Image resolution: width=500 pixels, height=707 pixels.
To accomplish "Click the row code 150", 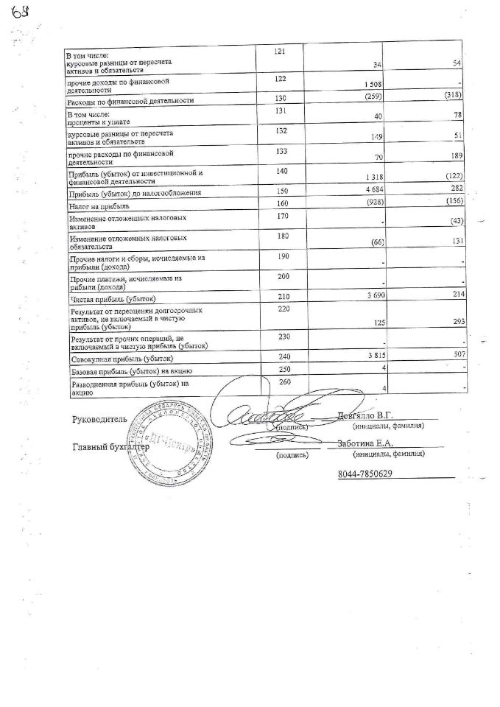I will click(x=279, y=191).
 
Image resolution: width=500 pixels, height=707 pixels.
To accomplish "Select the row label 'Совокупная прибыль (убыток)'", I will click(x=122, y=359).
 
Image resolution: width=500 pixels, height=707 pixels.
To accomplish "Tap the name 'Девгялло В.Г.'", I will click(x=366, y=416).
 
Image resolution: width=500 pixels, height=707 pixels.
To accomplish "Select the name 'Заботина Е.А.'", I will click(x=366, y=443).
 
